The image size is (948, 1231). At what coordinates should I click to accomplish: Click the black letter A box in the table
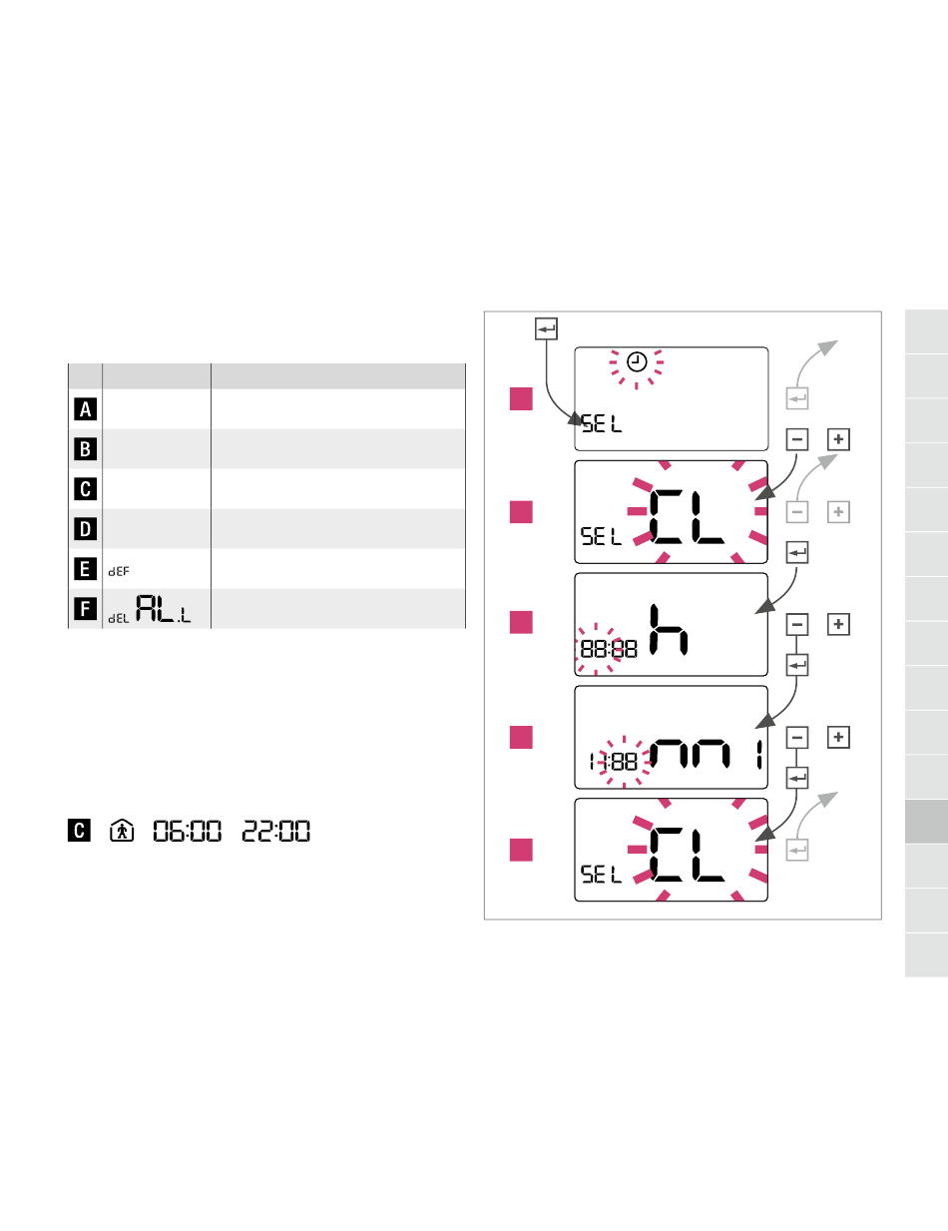point(86,409)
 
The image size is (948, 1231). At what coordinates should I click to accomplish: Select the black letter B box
point(86,448)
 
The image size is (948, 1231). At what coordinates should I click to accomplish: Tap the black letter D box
point(86,528)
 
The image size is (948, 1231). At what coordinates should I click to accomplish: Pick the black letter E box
point(86,569)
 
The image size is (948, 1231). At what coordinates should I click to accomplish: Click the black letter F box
point(86,609)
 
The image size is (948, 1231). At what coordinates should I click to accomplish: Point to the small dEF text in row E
point(119,572)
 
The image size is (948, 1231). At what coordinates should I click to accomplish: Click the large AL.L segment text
point(163,609)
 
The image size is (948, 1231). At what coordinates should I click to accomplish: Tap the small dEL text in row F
point(119,619)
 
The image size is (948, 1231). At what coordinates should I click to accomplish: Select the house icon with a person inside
point(122,831)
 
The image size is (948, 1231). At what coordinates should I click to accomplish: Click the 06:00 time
point(188,831)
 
